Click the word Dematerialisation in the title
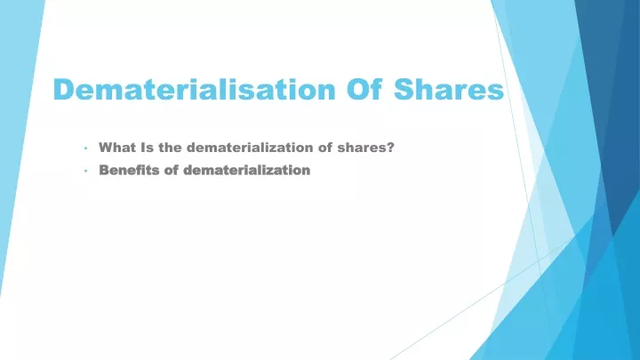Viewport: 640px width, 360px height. [195, 89]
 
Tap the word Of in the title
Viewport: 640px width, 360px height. [364, 89]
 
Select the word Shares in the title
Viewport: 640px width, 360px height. [449, 89]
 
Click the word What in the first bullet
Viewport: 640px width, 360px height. [117, 148]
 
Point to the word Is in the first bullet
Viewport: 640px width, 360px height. [147, 148]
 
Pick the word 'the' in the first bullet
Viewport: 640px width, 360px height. [170, 148]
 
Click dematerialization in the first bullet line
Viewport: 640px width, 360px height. [250, 148]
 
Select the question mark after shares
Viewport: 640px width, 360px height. [391, 148]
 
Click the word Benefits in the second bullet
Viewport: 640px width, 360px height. [129, 170]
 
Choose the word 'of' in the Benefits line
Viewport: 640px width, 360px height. [172, 170]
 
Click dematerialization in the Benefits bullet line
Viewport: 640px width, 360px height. [247, 170]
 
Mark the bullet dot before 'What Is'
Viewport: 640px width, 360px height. [85, 148]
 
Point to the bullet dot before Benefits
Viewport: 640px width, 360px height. [85, 171]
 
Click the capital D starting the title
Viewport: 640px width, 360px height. [64, 89]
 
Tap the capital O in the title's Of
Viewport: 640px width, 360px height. [358, 89]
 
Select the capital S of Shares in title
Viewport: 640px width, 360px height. [404, 89]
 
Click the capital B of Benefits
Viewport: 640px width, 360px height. [104, 170]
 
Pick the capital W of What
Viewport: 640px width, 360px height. [107, 148]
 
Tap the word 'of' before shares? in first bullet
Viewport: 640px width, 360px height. [325, 148]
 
